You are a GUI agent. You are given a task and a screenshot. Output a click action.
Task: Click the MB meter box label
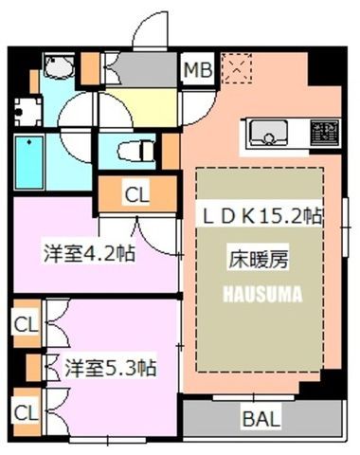(x=198, y=69)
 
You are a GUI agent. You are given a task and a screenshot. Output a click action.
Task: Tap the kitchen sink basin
(x=269, y=133)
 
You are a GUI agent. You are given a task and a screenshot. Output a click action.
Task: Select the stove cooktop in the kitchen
(x=325, y=133)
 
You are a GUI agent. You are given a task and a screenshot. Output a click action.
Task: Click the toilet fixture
(x=135, y=151)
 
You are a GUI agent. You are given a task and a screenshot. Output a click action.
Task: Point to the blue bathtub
(x=29, y=162)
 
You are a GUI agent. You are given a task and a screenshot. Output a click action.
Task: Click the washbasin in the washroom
(x=59, y=66)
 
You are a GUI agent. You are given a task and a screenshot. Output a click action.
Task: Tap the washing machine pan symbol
(x=27, y=112)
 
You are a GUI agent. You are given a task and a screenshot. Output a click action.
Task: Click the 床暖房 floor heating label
(x=259, y=259)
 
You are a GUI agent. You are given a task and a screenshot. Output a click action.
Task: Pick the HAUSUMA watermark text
(x=262, y=294)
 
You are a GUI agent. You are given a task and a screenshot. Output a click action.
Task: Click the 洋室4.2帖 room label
(x=89, y=253)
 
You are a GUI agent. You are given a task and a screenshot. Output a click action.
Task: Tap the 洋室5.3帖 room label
(x=111, y=368)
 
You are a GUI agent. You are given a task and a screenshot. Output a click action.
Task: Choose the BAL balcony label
(x=261, y=419)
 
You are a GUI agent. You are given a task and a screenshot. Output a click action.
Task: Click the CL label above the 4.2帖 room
(x=136, y=195)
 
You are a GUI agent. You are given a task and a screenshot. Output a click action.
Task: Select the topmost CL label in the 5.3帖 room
(x=26, y=324)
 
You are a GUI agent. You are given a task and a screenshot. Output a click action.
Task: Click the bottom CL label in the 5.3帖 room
(x=26, y=412)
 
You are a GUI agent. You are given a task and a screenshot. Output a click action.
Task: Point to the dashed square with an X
(x=237, y=68)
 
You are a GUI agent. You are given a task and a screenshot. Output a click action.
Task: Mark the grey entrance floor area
(x=147, y=69)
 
